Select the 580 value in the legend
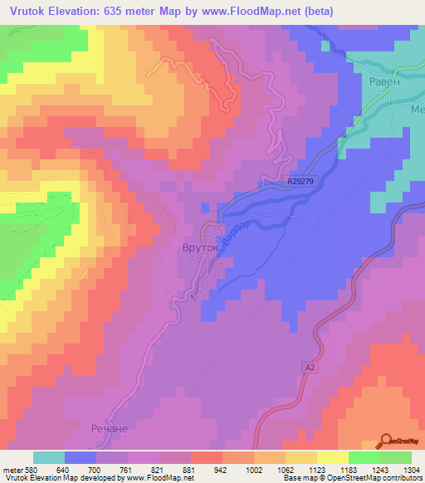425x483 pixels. [32, 469]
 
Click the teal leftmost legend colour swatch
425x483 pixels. [49, 457]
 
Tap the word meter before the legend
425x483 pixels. [12, 469]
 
